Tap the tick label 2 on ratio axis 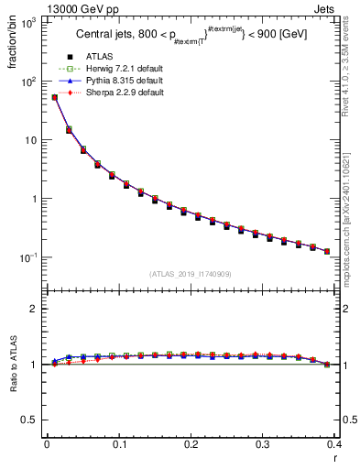tap(33, 309)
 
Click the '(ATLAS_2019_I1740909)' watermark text tap(191, 274)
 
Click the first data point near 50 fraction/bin tap(54, 97)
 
